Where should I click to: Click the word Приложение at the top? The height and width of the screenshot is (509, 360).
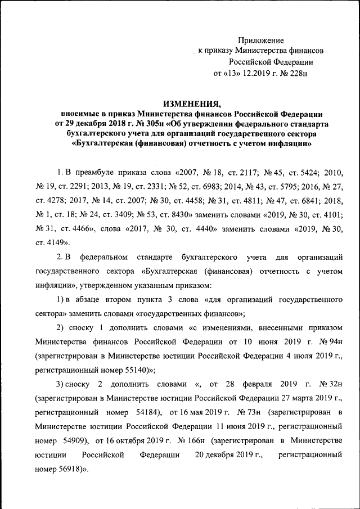(261, 40)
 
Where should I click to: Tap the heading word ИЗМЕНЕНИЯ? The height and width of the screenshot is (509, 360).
(191, 103)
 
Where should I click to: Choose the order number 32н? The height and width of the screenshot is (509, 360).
(331, 385)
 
